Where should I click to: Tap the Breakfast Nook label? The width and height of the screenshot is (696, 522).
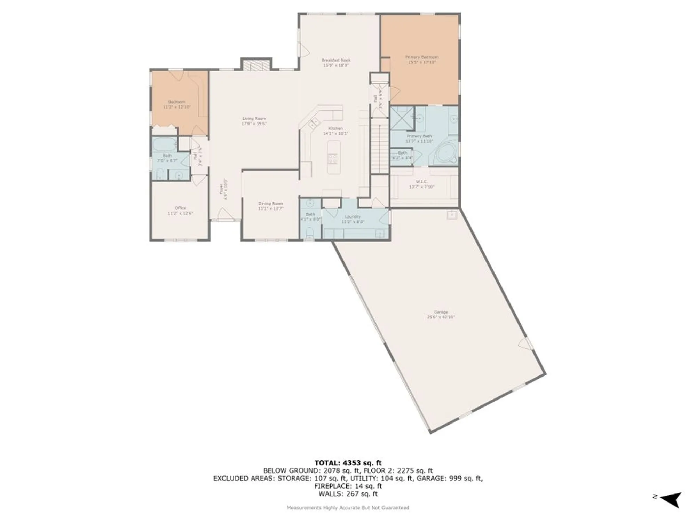(x=336, y=61)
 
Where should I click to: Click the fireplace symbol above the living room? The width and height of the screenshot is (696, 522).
(x=256, y=65)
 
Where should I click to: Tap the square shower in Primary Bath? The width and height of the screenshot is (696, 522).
(x=402, y=119)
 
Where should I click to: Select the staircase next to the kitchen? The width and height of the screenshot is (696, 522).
(x=380, y=146)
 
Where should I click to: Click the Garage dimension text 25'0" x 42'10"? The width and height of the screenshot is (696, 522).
(x=441, y=317)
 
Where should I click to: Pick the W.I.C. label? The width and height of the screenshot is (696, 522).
(x=421, y=182)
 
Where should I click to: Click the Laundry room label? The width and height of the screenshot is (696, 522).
(x=353, y=217)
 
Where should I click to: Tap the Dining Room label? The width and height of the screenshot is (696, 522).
(x=270, y=204)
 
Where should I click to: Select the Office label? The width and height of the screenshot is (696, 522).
(x=180, y=208)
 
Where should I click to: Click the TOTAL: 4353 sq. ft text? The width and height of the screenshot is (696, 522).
(x=348, y=463)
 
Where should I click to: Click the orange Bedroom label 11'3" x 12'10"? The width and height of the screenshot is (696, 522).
(x=177, y=104)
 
